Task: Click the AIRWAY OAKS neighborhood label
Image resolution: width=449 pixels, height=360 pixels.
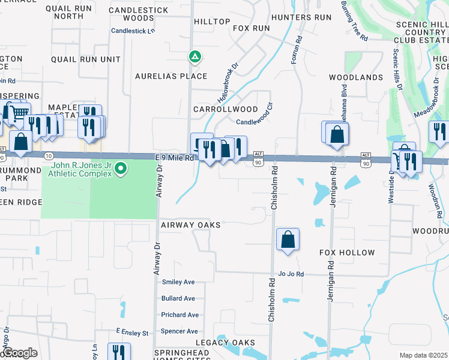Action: tap(191, 225)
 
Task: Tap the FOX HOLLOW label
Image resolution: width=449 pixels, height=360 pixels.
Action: tap(347, 253)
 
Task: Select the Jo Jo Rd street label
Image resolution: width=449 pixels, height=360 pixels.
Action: tap(291, 274)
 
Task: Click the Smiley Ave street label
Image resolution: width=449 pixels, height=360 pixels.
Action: tap(178, 282)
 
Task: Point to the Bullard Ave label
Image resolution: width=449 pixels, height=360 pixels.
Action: tap(178, 298)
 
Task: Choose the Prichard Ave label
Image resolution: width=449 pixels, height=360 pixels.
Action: tap(179, 315)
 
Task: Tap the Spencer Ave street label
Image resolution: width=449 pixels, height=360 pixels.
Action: tap(179, 331)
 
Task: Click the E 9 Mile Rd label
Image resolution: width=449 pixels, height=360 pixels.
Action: tap(175, 158)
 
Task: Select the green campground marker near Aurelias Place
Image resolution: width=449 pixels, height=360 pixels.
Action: tap(194, 57)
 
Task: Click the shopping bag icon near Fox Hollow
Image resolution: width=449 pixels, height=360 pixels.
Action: tap(288, 239)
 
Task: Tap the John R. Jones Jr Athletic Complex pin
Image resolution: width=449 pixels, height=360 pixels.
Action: tap(121, 168)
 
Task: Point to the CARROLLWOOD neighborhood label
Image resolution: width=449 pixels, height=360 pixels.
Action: tap(225, 110)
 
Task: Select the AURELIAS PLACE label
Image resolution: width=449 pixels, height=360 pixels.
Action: tap(171, 76)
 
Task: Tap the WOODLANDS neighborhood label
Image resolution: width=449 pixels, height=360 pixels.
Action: tap(356, 78)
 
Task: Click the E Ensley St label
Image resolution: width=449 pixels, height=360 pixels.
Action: tap(131, 332)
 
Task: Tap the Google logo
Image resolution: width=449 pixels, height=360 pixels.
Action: tap(20, 353)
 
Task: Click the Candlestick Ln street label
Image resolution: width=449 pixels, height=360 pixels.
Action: tap(133, 31)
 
